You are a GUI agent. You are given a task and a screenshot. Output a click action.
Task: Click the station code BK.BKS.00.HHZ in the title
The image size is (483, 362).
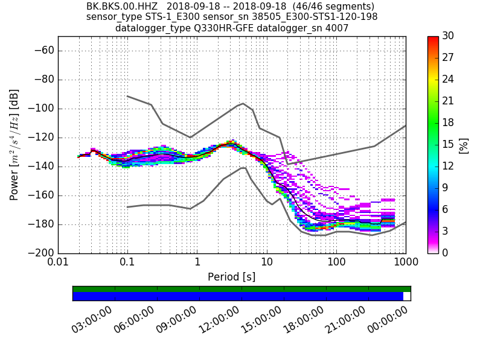(x=122, y=7)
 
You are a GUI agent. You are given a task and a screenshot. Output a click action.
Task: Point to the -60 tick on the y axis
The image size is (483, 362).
(x=46, y=51)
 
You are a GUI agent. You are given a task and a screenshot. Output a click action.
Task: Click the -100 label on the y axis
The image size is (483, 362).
(x=43, y=109)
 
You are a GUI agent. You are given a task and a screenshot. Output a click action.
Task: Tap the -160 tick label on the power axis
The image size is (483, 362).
(x=43, y=195)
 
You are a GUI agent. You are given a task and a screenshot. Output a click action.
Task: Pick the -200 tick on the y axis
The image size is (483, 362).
(x=43, y=253)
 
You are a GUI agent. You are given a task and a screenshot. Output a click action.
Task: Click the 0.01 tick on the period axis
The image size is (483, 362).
(x=58, y=263)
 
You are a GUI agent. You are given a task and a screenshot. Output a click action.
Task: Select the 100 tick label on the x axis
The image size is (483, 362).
(x=336, y=263)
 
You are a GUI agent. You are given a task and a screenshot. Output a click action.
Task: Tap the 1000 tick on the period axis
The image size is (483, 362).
(x=406, y=263)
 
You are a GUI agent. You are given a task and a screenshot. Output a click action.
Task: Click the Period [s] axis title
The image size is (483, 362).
(x=232, y=277)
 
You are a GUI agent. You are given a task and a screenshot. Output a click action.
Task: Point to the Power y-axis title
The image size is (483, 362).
(x=14, y=145)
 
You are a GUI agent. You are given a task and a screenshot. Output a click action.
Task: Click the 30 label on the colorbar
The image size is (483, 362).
(x=449, y=36)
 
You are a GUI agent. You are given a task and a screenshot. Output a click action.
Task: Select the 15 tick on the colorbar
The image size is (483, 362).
(x=449, y=145)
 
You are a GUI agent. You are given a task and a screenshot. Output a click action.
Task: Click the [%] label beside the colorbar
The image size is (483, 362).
(x=464, y=145)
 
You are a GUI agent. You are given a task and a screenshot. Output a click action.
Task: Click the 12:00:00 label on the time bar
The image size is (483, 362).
(x=219, y=320)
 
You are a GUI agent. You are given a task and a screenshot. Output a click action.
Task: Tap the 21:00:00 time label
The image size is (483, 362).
(x=345, y=320)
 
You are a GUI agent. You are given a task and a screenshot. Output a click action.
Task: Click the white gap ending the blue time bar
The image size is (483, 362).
(x=407, y=296)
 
